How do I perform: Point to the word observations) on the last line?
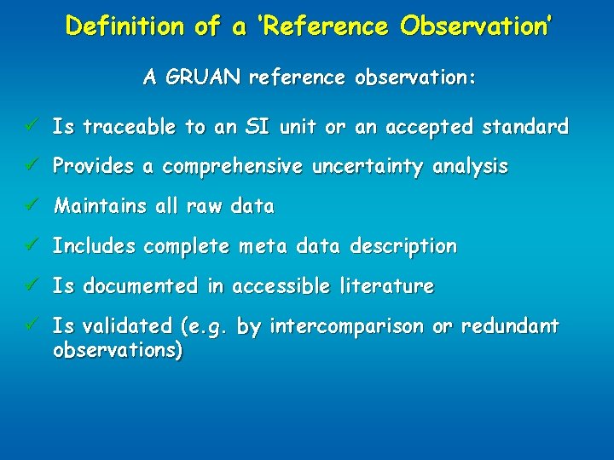click(117, 349)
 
